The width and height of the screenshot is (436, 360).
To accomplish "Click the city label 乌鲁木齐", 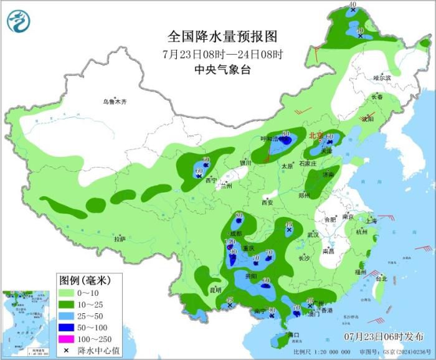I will tap(115, 102).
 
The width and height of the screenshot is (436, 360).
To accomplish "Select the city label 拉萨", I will tap(120, 239).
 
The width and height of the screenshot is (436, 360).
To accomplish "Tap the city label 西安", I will tap(267, 202).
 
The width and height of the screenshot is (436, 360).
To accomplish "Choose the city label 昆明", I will tap(215, 290).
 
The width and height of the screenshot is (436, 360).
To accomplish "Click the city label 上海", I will tap(372, 220).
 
